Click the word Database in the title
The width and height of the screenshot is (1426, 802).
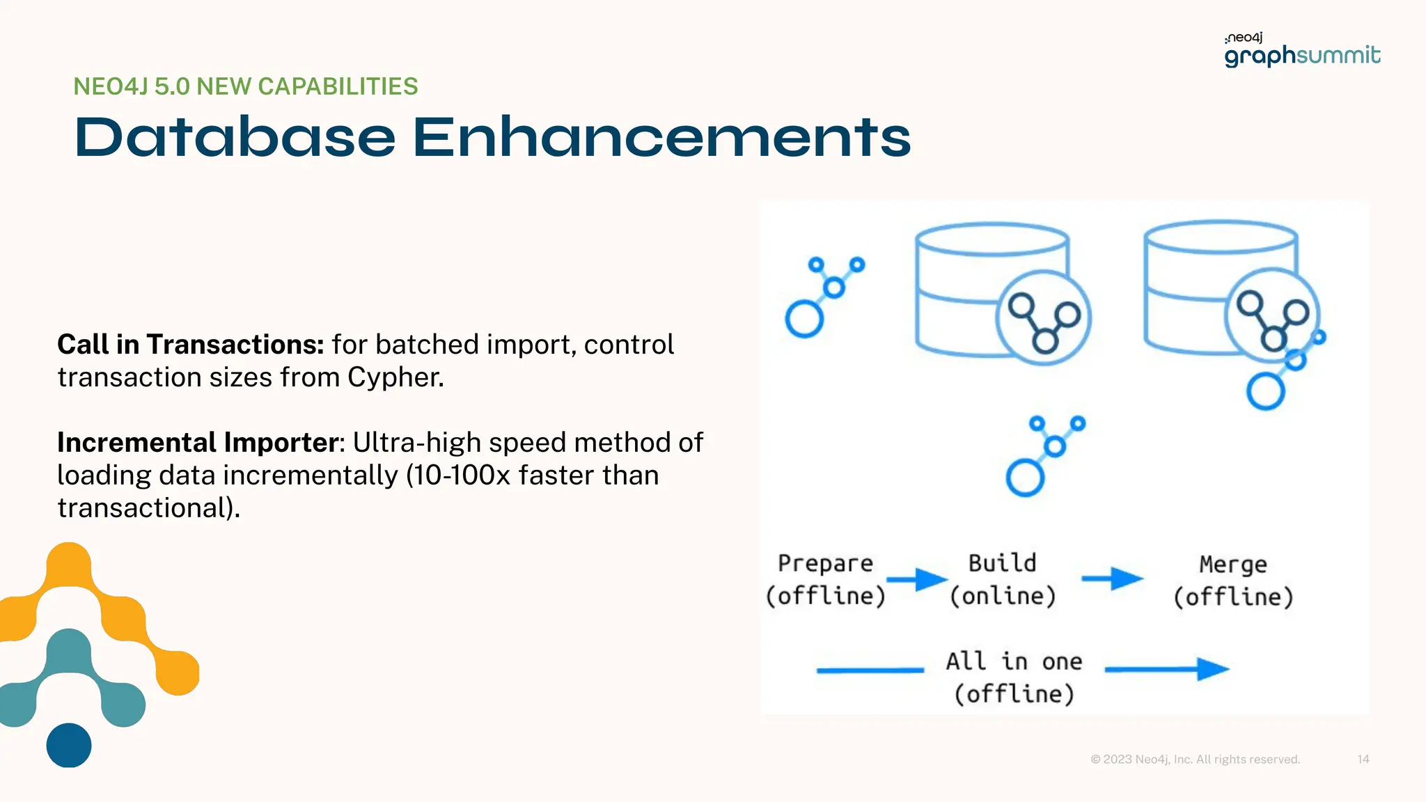click(x=235, y=137)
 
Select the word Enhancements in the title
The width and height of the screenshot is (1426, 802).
click(x=661, y=137)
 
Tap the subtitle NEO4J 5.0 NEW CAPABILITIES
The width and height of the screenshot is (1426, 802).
click(x=245, y=86)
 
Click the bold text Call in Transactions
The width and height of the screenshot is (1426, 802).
click(x=190, y=345)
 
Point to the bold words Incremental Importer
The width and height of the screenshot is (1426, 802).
click(x=197, y=443)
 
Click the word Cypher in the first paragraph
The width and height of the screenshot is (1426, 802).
click(x=393, y=377)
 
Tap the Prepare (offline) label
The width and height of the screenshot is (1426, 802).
click(x=825, y=579)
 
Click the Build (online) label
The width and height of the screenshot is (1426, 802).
click(x=1003, y=579)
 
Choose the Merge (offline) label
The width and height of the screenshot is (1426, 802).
click(x=1233, y=581)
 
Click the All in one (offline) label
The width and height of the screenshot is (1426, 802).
click(x=1014, y=677)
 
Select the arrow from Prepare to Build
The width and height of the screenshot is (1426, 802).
click(x=917, y=579)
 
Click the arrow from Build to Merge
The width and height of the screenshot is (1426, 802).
click(x=1112, y=579)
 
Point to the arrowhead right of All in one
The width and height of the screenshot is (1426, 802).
click(x=1212, y=669)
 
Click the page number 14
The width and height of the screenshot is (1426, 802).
click(x=1363, y=759)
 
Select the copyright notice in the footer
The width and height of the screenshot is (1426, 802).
click(x=1195, y=759)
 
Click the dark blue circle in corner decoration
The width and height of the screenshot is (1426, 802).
click(x=69, y=745)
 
